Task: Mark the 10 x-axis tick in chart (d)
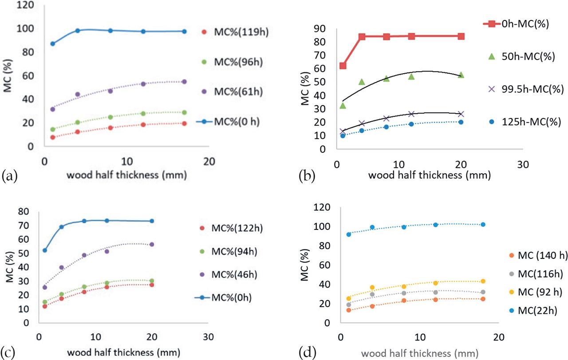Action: click(418, 336)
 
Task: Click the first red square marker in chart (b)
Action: click(343, 66)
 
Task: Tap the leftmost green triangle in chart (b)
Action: click(343, 105)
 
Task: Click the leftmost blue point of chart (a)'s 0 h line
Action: click(52, 44)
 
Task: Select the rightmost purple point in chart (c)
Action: click(152, 244)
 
